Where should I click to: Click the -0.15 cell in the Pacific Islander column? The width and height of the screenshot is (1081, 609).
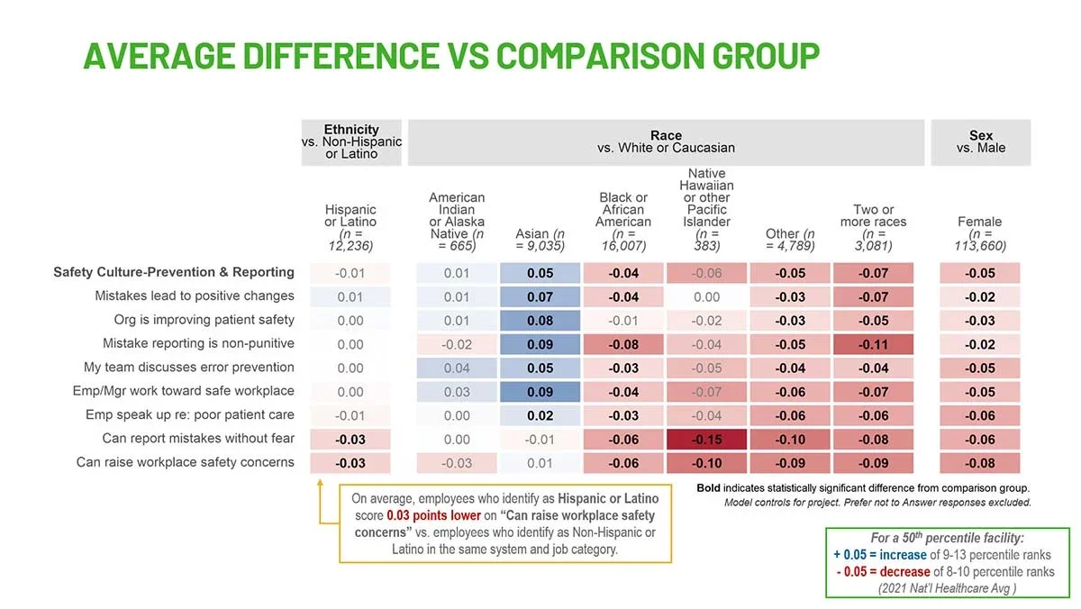(706, 440)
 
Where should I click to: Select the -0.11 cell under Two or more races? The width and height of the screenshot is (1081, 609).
(873, 344)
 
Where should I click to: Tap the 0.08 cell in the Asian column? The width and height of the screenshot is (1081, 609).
(540, 320)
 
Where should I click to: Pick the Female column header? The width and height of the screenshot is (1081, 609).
(980, 233)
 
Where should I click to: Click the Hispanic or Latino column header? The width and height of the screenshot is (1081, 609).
(350, 227)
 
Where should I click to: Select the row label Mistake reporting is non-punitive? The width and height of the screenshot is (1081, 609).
(198, 343)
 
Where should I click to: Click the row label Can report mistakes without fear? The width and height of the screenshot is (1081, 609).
(198, 439)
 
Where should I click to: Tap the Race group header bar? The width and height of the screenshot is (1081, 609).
(666, 141)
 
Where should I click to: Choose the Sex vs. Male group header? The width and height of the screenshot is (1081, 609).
(980, 141)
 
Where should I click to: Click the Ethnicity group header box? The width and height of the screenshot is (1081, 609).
(351, 141)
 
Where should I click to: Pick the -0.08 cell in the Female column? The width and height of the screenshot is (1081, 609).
(980, 463)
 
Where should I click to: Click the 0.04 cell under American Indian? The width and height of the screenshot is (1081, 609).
(457, 368)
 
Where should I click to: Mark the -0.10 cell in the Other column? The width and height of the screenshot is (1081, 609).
(790, 440)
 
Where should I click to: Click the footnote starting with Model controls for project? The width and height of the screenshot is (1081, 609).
(877, 502)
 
